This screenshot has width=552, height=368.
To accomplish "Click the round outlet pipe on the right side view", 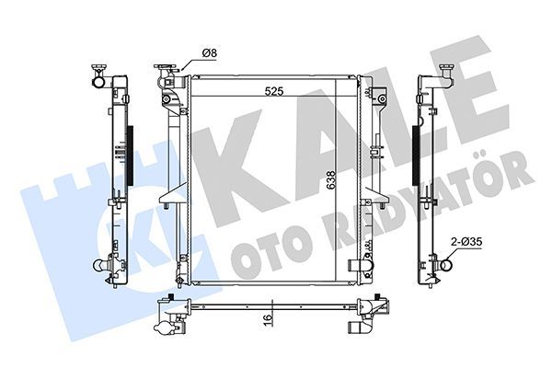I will (x=445, y=267).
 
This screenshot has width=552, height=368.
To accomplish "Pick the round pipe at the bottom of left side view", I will (x=98, y=267).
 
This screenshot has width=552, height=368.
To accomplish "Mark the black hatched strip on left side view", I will (x=128, y=155).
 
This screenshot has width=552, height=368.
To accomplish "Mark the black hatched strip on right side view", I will (x=416, y=155).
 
